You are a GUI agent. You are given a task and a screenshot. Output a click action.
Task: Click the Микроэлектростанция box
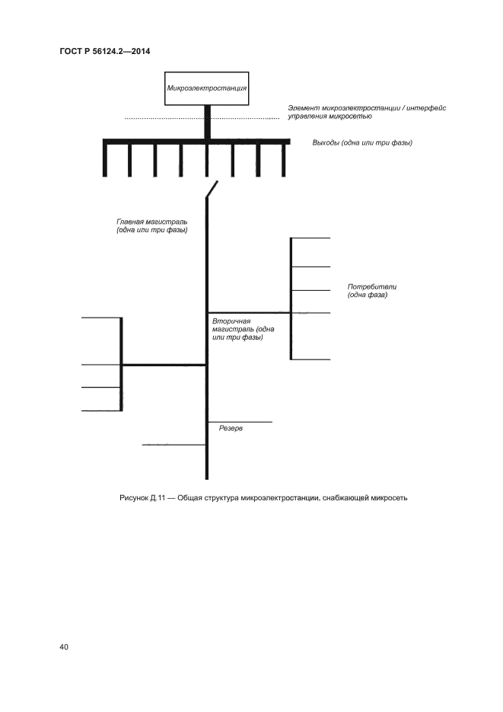207,89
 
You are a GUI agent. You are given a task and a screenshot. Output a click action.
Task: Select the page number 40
64,647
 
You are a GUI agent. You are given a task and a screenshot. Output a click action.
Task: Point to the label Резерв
231,429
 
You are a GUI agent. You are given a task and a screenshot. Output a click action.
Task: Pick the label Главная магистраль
152,225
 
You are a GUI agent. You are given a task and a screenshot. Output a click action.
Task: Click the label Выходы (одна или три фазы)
362,142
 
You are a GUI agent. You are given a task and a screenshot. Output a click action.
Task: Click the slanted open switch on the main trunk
212,189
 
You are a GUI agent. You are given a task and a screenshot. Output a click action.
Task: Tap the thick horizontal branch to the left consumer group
164,366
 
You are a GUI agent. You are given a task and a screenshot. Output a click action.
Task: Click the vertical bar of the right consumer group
291,298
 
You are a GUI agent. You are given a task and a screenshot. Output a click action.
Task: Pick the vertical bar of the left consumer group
122,364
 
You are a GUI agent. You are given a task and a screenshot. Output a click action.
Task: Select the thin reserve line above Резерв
240,421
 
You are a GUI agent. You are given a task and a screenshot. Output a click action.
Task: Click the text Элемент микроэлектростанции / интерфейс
367,108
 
